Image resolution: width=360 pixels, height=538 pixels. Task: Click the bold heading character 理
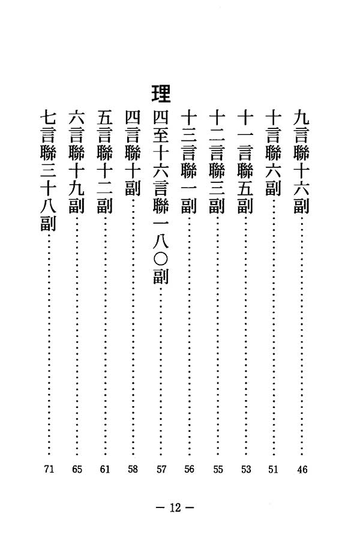pos(161,94)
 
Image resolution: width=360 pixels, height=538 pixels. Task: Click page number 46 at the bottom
pos(302,470)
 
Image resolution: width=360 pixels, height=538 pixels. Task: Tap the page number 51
pos(274,469)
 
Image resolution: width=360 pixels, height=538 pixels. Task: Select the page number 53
pos(246,469)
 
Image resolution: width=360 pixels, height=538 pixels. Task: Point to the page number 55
pos(218,469)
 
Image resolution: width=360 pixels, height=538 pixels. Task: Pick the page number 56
pos(189,469)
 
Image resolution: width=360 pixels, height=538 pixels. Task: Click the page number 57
pos(161,469)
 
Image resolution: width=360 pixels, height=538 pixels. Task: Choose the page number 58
pos(133,468)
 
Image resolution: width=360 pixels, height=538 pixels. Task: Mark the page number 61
pos(104,468)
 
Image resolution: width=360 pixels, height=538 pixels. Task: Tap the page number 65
pos(77,468)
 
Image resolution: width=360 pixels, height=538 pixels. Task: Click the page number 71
pos(49,468)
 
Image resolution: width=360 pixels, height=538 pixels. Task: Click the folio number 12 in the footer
pos(175,507)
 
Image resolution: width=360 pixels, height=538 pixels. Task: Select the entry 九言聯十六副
pos(302,162)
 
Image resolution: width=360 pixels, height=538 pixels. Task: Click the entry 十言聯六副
pos(274,153)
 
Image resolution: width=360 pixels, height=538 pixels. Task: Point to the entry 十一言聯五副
pos(245,162)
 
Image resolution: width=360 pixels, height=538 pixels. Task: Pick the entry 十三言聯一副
pos(189,162)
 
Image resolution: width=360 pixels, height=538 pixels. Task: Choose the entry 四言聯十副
pos(133,153)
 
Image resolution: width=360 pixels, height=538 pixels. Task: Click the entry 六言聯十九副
pos(77,162)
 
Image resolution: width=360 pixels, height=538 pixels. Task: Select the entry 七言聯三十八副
pos(48,171)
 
